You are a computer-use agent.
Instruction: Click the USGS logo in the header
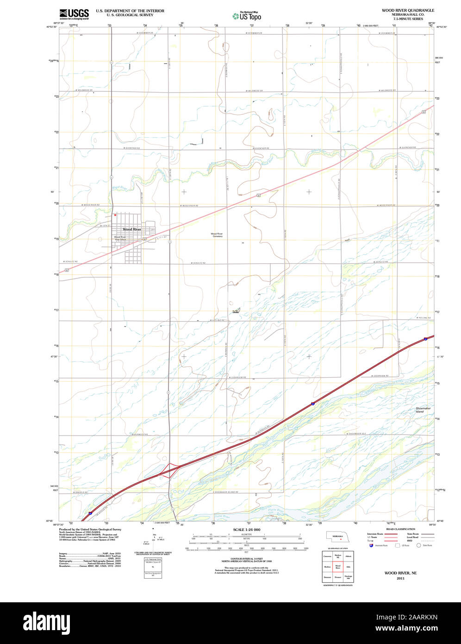point(74,14)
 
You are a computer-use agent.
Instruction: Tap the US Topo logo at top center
point(247,16)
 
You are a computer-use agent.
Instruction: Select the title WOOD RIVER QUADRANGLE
point(408,10)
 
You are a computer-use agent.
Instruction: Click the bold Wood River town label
point(132,229)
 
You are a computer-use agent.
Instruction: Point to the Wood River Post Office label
point(120,238)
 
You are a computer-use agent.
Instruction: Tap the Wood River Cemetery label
point(217,235)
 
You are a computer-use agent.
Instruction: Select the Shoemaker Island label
point(423,410)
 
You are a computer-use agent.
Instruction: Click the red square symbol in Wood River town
point(115,215)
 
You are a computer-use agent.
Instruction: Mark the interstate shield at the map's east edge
point(425,339)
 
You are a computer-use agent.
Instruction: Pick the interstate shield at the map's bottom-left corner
point(90,513)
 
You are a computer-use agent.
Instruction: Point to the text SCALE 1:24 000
point(247,530)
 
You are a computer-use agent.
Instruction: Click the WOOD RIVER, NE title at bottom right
point(400,573)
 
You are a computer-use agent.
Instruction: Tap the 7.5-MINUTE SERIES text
point(408,19)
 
